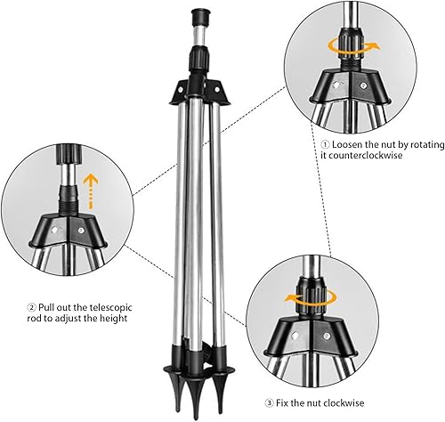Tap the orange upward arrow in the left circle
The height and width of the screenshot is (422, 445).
[x=91, y=190]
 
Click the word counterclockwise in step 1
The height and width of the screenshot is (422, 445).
[x=361, y=155]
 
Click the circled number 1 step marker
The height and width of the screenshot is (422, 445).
[x=325, y=145]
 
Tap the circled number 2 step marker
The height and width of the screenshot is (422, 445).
[x=32, y=307]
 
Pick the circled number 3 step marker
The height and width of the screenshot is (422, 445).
[x=269, y=403]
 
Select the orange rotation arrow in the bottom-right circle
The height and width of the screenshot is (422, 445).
[x=310, y=300]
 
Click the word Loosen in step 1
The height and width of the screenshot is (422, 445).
[x=347, y=145]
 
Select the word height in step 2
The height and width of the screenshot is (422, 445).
[x=113, y=319]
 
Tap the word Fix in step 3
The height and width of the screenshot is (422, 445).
[x=282, y=403]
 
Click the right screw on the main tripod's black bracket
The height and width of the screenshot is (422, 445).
[x=217, y=89]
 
